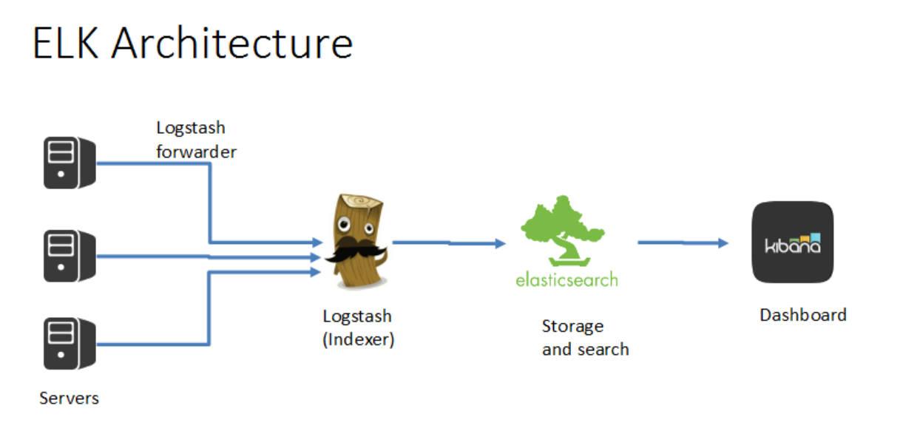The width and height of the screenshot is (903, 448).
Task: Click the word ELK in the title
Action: pyautogui.click(x=65, y=44)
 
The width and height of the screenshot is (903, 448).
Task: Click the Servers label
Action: pyautogui.click(x=69, y=398)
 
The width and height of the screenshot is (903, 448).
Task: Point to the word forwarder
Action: pyautogui.click(x=196, y=152)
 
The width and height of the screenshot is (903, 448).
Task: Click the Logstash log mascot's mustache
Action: pyautogui.click(x=357, y=253)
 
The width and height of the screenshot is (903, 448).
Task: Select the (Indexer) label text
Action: pyautogui.click(x=358, y=341)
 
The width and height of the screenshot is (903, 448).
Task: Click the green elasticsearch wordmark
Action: pyautogui.click(x=567, y=280)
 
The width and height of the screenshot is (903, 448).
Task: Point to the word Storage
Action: pyautogui.click(x=572, y=326)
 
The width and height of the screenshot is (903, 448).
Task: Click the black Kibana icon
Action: pyautogui.click(x=792, y=242)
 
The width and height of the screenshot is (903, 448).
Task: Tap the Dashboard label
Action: pyautogui.click(x=802, y=315)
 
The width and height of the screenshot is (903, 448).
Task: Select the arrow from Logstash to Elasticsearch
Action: pyautogui.click(x=448, y=242)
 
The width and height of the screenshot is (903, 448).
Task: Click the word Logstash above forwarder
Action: pyautogui.click(x=191, y=128)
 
